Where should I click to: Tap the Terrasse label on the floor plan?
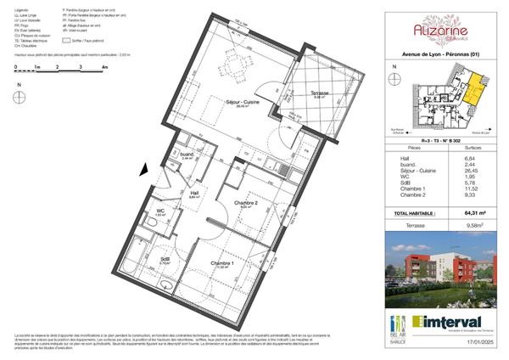pyautogui.click(x=319, y=93)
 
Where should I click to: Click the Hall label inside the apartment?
pyautogui.click(x=194, y=194)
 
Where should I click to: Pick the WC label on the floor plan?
pyautogui.click(x=159, y=211)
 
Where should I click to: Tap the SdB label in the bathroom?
pyautogui.click(x=164, y=260)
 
